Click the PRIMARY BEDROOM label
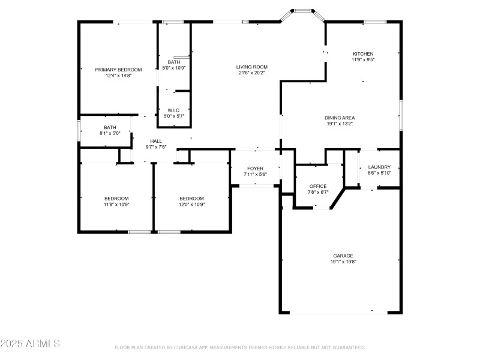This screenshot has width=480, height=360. click(118, 70)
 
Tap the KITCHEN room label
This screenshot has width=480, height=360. click(363, 54)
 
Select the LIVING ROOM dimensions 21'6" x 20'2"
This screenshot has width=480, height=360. click(251, 73)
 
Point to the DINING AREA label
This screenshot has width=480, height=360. click(340, 118)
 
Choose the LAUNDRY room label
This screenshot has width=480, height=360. click(379, 167)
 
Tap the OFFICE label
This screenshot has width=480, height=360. click(317, 187)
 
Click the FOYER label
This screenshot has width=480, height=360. click(255, 169)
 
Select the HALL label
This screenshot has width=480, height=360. click(156, 141)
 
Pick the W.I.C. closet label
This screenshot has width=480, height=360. click(174, 110)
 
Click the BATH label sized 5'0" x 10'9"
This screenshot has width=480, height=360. click(174, 62)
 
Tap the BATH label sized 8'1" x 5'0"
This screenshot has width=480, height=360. click(110, 127)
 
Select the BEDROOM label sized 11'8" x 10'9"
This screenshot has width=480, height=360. click(116, 199)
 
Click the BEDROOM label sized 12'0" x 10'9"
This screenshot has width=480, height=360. click(192, 199)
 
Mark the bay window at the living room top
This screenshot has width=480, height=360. click(303, 10)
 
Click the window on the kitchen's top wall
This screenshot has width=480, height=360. click(374, 22)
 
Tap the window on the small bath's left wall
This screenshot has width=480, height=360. click(79, 131)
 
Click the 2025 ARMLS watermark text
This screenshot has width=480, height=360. click(30, 344)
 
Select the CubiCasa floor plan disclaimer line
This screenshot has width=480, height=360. click(239, 347)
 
